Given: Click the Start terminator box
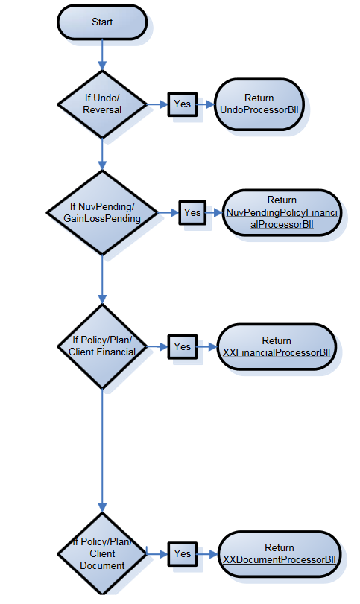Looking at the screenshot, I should (102, 22).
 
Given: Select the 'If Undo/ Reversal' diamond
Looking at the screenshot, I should (102, 104).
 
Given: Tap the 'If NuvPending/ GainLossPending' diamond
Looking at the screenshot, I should (104, 212).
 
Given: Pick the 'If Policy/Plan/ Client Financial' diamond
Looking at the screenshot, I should (102, 346).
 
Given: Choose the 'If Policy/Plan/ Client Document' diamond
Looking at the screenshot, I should (102, 553).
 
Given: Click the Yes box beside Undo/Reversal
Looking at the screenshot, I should (182, 104).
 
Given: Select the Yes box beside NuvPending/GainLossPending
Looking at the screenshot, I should (192, 212).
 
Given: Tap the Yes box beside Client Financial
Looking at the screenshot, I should (182, 346).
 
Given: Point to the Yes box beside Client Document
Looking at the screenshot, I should (182, 553).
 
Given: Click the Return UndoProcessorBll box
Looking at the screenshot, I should (259, 104).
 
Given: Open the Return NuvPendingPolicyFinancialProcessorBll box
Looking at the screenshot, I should (282, 212).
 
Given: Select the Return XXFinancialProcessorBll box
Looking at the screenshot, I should (277, 346).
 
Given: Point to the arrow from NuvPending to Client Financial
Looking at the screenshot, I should (102, 279).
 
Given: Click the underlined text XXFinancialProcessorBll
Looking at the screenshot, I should (277, 352).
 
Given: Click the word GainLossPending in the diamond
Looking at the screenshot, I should (104, 218).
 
